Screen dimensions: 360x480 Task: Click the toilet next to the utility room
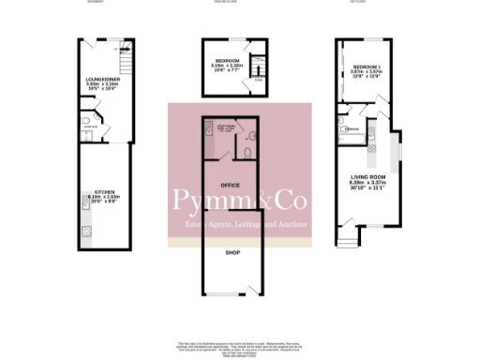click(x=247, y=152)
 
